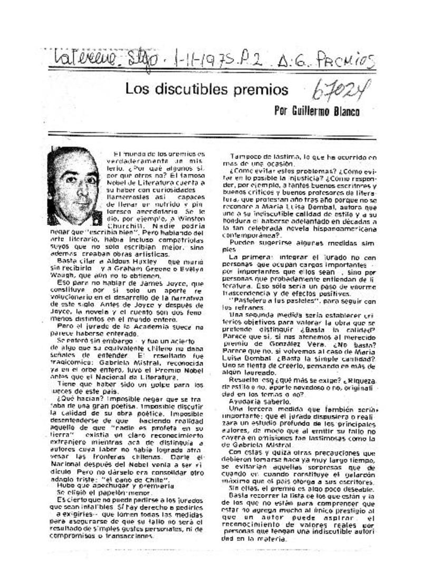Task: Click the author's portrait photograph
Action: (74, 185)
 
